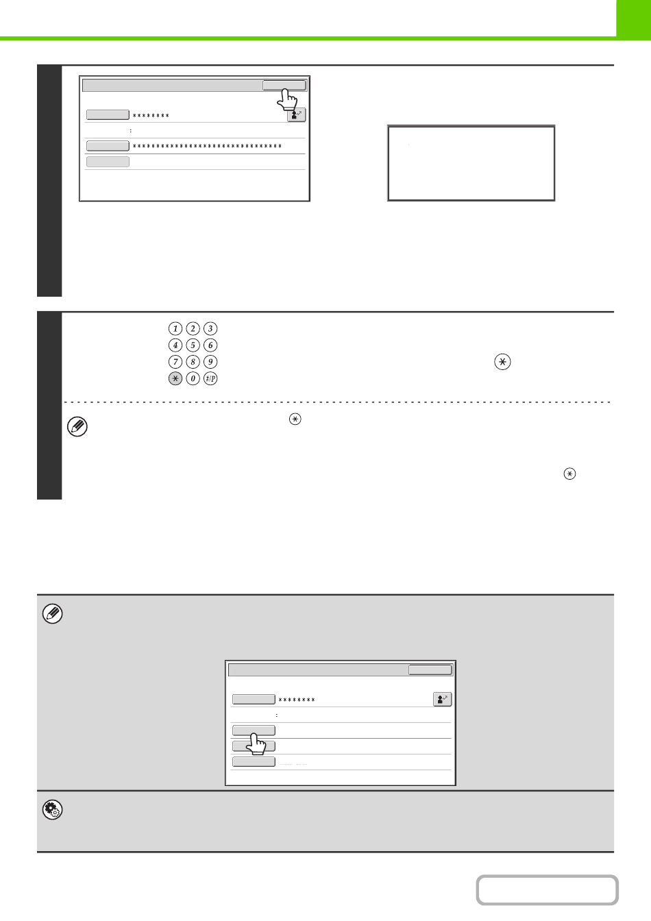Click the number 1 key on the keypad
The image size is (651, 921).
(x=175, y=328)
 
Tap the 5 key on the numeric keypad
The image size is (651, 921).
(x=193, y=345)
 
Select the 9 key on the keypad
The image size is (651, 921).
(x=210, y=362)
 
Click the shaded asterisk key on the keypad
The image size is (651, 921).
(x=175, y=378)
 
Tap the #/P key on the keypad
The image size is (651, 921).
(x=210, y=378)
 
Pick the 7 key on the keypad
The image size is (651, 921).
(x=175, y=362)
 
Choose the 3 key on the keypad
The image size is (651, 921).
(x=210, y=328)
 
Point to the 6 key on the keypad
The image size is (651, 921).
(x=210, y=345)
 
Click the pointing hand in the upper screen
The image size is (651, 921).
(x=286, y=100)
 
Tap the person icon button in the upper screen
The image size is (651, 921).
(x=296, y=114)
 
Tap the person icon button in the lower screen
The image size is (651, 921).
(x=442, y=699)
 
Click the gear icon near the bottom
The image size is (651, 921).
(x=52, y=810)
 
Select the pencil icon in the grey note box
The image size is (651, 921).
(x=52, y=614)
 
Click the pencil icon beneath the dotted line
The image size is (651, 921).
(x=77, y=426)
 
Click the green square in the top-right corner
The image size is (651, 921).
(x=634, y=20)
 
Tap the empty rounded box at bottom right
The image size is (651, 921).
(x=548, y=889)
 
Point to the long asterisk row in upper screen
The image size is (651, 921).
(x=207, y=146)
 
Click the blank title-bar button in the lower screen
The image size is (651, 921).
(x=430, y=670)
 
